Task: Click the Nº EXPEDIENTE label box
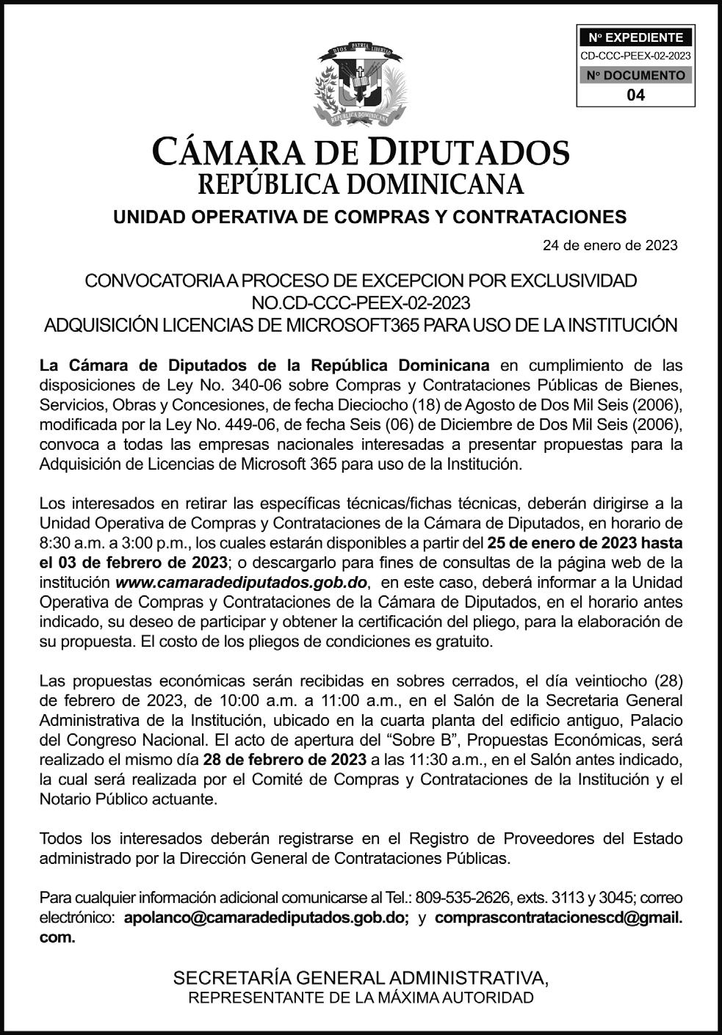pos(635,37)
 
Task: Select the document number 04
pos(636,95)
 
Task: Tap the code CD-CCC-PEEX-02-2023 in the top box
pos(635,56)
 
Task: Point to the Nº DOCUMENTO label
pos(635,75)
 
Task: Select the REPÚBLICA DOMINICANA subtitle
pos(361,184)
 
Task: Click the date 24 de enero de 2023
pos(610,245)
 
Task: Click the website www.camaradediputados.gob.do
pos(242,583)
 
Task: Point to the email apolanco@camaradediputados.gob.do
pos(267,918)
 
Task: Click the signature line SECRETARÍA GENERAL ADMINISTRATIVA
pos(361,978)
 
